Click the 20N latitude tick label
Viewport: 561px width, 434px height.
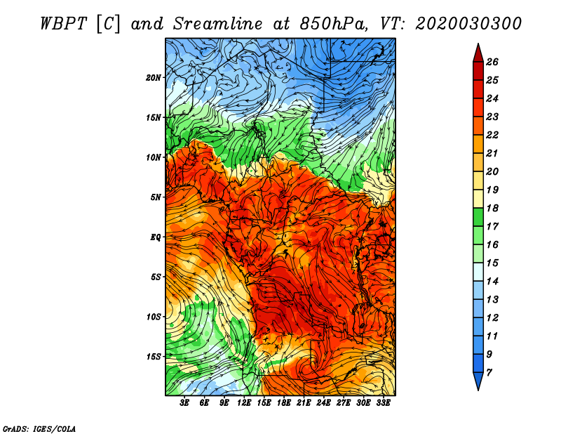[153, 78]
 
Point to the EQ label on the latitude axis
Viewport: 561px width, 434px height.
[155, 237]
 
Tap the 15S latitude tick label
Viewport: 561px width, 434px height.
[153, 357]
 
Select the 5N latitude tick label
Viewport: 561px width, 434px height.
[155, 197]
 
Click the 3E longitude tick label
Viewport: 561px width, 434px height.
[184, 403]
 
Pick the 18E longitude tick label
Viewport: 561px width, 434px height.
[284, 403]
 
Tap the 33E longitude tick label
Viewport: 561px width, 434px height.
[383, 403]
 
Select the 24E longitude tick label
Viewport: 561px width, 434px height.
[323, 403]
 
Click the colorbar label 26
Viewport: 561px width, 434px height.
[492, 62]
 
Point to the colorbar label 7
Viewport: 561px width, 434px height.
[489, 373]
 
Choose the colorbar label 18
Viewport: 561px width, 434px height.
[492, 208]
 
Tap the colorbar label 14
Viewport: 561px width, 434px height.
[492, 282]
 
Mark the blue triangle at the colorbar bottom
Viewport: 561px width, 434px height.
[478, 381]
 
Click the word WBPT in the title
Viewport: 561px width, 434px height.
[63, 24]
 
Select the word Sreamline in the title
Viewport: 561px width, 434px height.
[218, 24]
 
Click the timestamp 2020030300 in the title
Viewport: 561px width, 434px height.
[468, 24]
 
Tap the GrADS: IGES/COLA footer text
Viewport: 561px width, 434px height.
[39, 429]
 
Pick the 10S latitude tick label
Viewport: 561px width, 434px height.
[153, 317]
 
